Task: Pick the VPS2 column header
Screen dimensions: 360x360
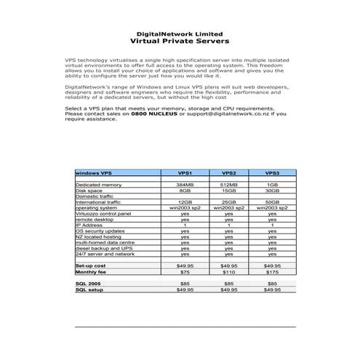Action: click(x=228, y=174)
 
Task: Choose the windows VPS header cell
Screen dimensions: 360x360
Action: click(x=95, y=174)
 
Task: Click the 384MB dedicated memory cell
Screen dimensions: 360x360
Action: click(x=185, y=185)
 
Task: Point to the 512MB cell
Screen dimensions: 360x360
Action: click(x=228, y=185)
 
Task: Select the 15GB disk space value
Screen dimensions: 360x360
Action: click(x=228, y=191)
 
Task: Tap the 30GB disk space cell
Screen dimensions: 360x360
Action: click(x=272, y=191)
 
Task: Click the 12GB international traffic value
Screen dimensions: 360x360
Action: click(x=185, y=201)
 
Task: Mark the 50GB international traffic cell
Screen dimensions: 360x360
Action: click(x=272, y=201)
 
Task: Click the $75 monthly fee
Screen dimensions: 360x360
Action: click(x=185, y=271)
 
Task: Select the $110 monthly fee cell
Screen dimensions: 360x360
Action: click(x=228, y=271)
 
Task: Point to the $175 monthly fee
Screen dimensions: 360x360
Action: click(x=272, y=271)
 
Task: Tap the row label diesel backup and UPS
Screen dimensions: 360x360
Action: click(x=101, y=248)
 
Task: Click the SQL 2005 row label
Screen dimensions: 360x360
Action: click(x=89, y=283)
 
